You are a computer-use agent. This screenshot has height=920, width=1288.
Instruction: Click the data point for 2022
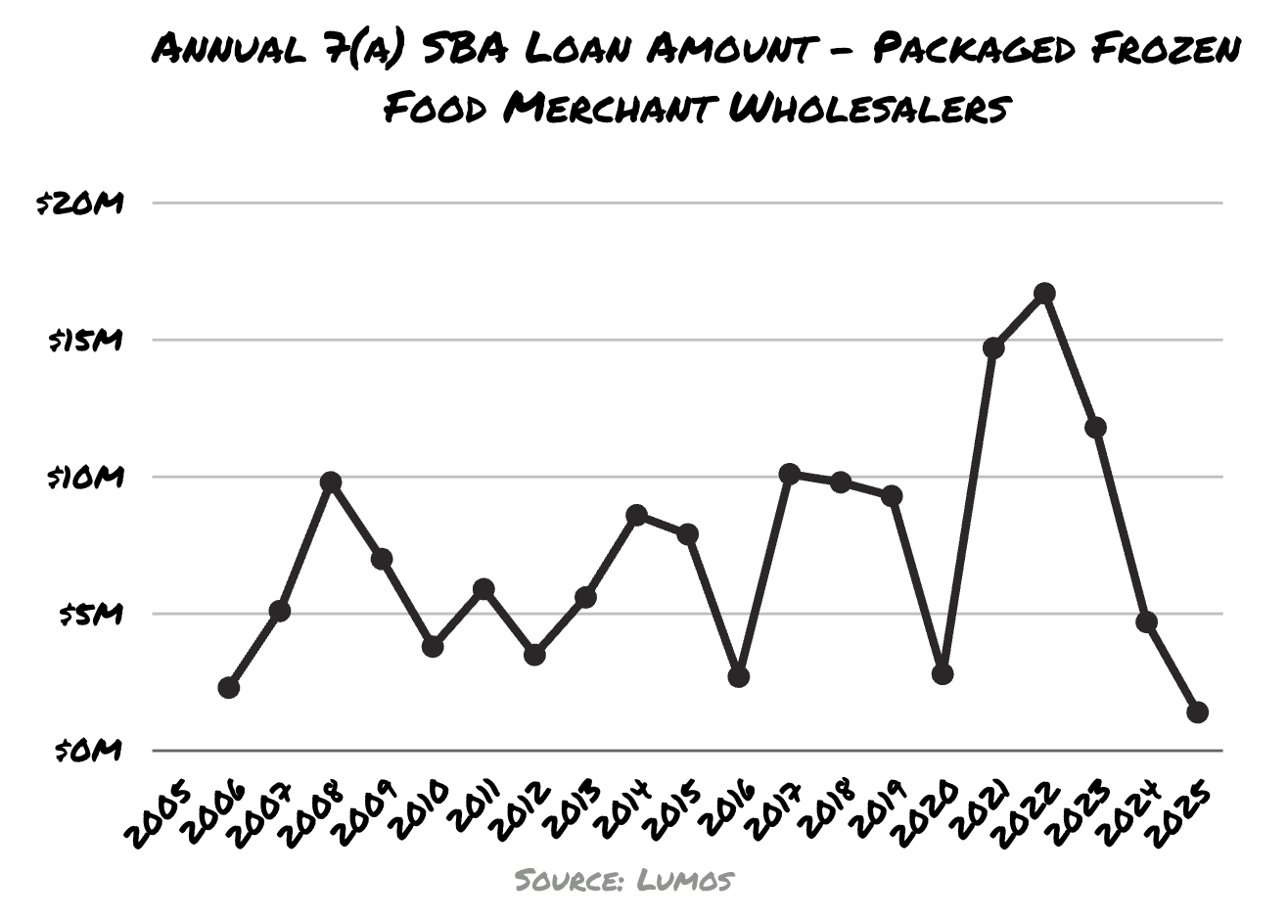(x=1044, y=293)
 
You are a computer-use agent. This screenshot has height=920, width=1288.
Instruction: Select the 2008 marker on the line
(x=331, y=483)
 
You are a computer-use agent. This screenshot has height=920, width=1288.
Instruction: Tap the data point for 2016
(x=739, y=676)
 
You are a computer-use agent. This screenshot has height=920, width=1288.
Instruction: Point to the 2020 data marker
(x=943, y=673)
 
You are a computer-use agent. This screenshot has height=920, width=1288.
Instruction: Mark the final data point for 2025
(x=1197, y=713)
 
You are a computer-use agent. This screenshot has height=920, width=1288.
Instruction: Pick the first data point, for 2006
(x=229, y=688)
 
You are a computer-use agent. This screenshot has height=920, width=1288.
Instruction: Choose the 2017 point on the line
(x=790, y=475)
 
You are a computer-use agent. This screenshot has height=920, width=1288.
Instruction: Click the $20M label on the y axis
(x=81, y=204)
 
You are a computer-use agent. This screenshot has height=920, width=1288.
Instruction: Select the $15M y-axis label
(x=86, y=341)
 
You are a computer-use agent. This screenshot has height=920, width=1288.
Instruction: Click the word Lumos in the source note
(x=685, y=879)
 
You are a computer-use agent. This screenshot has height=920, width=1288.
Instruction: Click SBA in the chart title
(x=461, y=48)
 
